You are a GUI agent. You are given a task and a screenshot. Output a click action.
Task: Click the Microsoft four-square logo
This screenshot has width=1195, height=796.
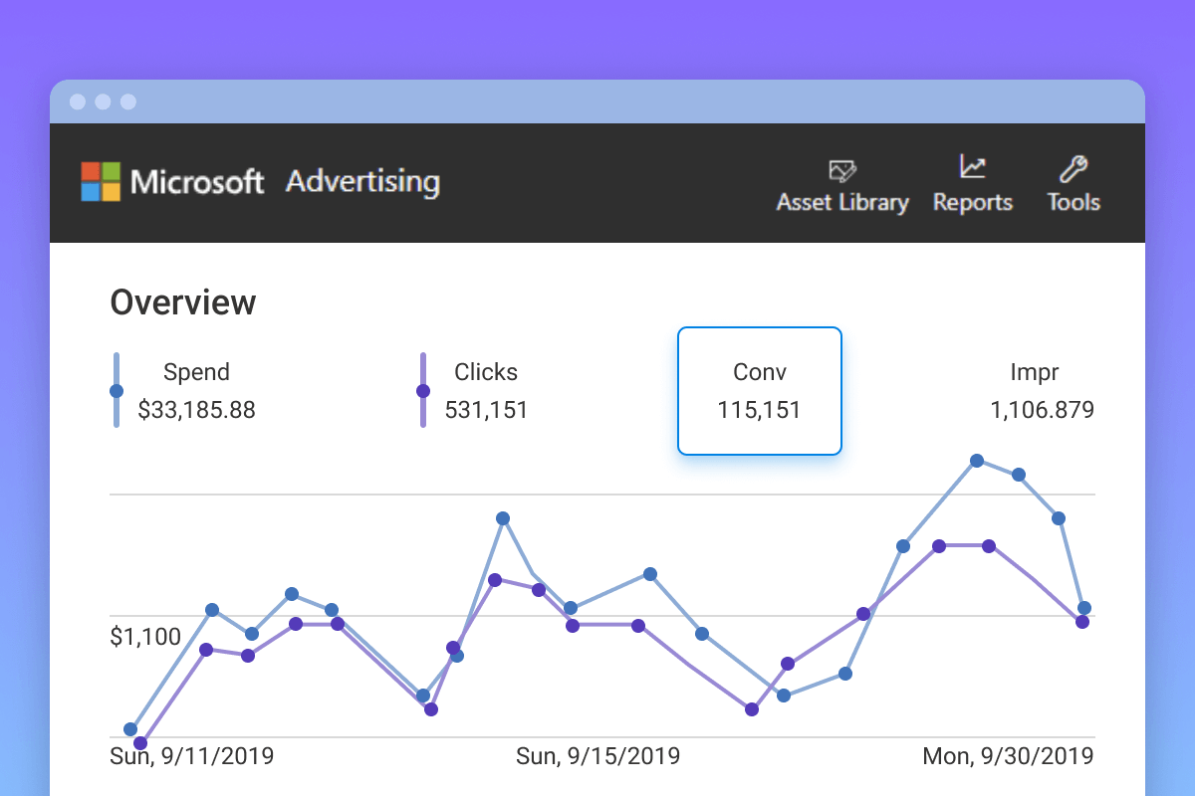pyautogui.click(x=101, y=182)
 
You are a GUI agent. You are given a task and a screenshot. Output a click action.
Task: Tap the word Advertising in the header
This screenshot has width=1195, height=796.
pyautogui.click(x=362, y=182)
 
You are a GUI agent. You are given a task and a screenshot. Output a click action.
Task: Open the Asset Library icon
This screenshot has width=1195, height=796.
pyautogui.click(x=842, y=169)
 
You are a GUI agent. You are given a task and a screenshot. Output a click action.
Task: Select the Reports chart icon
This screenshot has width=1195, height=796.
pyautogui.click(x=972, y=167)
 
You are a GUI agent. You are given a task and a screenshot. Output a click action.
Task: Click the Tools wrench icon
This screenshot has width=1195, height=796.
pyautogui.click(x=1074, y=168)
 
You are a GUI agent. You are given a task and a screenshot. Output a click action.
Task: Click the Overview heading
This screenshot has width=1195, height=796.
pyautogui.click(x=182, y=302)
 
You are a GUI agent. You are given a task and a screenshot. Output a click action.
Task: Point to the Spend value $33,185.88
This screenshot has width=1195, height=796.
pyautogui.click(x=196, y=410)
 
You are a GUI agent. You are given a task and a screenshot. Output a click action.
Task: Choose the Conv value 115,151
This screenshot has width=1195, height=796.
pyautogui.click(x=759, y=410)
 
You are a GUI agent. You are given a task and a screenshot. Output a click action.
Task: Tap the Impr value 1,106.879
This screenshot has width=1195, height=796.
pyautogui.click(x=1042, y=410)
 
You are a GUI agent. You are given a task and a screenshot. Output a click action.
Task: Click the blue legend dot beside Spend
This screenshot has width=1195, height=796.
pyautogui.click(x=117, y=391)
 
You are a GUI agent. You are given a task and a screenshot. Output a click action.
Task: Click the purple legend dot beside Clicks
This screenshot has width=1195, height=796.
pyautogui.click(x=423, y=391)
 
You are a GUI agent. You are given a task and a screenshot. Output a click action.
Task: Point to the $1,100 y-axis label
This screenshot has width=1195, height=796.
pyautogui.click(x=145, y=637)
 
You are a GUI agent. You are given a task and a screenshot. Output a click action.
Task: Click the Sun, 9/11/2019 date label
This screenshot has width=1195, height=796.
pyautogui.click(x=191, y=756)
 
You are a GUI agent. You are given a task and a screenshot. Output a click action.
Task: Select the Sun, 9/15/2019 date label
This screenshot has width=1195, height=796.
pyautogui.click(x=597, y=756)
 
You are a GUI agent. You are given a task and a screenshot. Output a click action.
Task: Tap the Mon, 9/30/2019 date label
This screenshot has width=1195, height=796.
pyautogui.click(x=1008, y=756)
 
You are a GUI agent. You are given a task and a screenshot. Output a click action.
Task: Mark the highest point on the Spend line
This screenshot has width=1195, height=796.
pyautogui.click(x=977, y=460)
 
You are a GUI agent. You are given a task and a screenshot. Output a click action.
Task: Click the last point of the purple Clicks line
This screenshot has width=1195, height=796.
pyautogui.click(x=1082, y=622)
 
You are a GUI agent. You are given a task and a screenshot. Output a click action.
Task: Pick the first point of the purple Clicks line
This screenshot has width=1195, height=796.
pyautogui.click(x=140, y=743)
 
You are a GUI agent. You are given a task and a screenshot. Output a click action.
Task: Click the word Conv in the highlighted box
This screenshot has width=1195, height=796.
pyautogui.click(x=759, y=372)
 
